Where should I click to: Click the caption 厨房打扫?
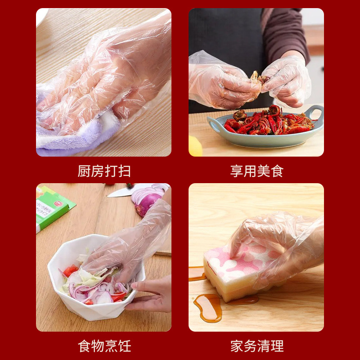coord(104,171)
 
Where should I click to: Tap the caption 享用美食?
coord(257,171)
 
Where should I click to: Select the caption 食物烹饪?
coord(104,346)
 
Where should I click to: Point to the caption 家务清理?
coord(257,346)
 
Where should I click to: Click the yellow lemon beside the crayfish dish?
coord(195,146)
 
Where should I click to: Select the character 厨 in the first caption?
coord(84,171)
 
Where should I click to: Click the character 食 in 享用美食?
coord(277,171)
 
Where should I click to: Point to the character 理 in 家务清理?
coord(277,346)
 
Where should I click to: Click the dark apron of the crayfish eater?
coord(225,36)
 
